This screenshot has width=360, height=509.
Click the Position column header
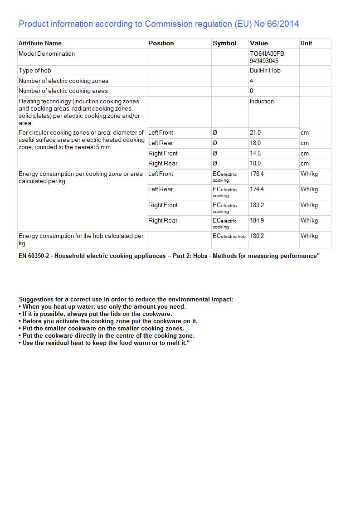tap(161, 44)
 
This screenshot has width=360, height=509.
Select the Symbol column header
tap(224, 44)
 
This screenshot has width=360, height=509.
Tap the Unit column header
tap(306, 44)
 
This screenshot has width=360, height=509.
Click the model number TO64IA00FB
tap(267, 54)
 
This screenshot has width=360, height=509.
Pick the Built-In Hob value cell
tap(265, 71)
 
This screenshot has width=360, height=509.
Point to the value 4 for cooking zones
tap(252, 81)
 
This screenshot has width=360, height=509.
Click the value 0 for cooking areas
tap(252, 91)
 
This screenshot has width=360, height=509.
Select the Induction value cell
tap(262, 102)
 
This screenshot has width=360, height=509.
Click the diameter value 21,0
tap(255, 133)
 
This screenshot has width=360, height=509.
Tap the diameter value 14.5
tap(255, 154)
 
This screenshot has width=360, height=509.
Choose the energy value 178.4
tap(257, 174)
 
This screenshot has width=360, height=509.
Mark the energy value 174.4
tap(257, 189)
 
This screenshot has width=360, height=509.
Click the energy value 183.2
tap(257, 205)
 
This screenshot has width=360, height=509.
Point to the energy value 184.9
tap(257, 221)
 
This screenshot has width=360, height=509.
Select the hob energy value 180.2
tap(257, 236)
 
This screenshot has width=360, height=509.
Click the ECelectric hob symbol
tap(229, 236)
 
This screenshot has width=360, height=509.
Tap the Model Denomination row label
tap(47, 54)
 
